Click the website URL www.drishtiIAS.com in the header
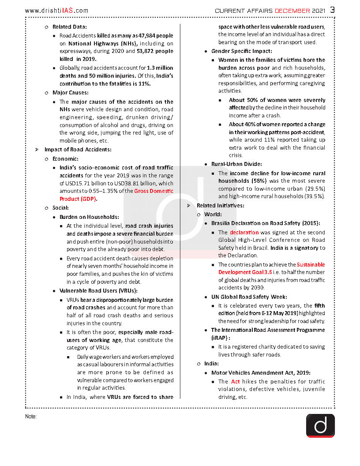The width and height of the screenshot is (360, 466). (56, 10)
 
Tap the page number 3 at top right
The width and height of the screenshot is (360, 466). (332, 10)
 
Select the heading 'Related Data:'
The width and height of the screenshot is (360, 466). (69, 27)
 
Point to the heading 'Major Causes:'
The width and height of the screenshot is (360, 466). (71, 93)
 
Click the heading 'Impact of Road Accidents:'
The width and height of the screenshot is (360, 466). (78, 150)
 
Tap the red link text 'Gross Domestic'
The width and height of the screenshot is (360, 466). (154, 191)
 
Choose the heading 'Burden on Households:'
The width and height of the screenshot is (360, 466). (89, 217)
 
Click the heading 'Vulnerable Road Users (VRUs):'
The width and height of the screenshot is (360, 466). (98, 290)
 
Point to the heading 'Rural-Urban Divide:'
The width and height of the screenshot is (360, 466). (236, 164)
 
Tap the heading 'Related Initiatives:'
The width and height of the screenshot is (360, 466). (220, 206)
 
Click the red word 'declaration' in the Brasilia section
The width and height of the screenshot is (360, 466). (244, 232)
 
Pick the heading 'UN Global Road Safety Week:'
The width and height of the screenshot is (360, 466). (249, 297)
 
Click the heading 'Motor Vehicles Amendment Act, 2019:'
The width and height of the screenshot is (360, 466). (261, 372)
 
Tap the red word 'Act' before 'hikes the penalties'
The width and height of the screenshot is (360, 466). (235, 381)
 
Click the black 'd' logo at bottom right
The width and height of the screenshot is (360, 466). (320, 425)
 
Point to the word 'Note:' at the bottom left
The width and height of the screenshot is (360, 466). (31, 416)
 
